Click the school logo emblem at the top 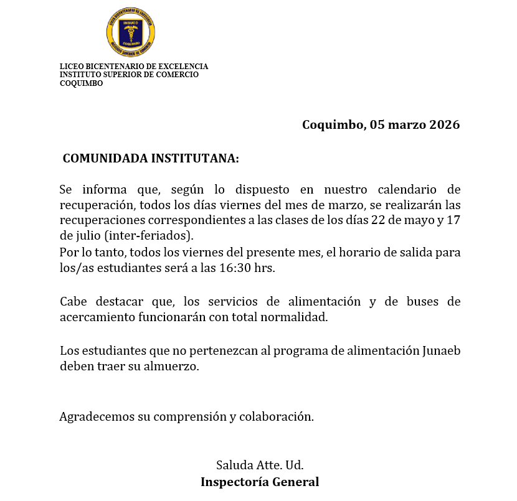pos(131,31)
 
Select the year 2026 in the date pos(445,124)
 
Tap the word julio pos(88,235)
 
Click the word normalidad pos(296,317)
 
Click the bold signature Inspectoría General pos(259,482)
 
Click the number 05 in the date pos(377,124)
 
